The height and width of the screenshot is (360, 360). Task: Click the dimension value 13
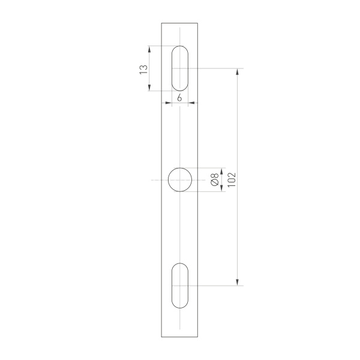(143, 68)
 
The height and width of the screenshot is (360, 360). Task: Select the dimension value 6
(180, 97)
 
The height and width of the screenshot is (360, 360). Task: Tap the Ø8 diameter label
(214, 179)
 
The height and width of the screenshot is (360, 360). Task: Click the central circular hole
(180, 180)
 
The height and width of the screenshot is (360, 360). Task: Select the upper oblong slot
(180, 68)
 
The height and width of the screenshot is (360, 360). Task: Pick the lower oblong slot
(180, 286)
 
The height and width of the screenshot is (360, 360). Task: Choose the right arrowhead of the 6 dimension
(191, 103)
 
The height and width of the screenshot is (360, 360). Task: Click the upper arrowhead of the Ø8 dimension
(222, 170)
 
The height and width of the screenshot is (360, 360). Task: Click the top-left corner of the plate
(161, 23)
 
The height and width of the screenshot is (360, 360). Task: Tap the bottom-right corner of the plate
(199, 337)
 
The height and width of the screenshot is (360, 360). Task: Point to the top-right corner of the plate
(199, 23)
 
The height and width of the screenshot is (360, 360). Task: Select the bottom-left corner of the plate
(161, 337)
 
